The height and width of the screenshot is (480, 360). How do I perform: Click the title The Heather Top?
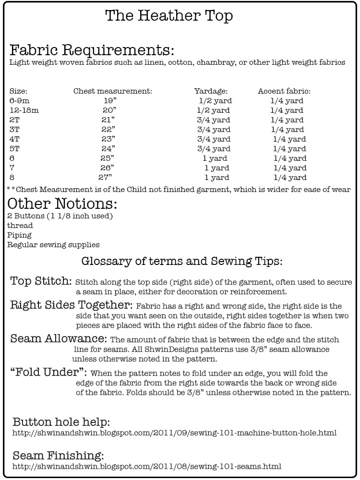coord(169,16)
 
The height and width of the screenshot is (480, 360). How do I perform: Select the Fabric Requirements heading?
coord(92,50)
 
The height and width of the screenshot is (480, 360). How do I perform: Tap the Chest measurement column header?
coord(113,91)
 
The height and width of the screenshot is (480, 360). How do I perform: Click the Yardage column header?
coord(211,91)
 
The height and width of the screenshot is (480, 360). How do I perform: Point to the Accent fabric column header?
coord(284,91)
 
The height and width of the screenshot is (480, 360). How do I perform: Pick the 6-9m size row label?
coord(20,101)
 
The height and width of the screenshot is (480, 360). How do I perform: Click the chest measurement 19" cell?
coord(110,101)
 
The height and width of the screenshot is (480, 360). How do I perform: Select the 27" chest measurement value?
coord(108,178)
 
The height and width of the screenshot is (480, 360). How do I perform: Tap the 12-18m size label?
coord(24,110)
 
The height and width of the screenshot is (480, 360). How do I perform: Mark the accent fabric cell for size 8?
coord(290,178)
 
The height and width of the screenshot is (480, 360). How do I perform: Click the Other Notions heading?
coord(62,204)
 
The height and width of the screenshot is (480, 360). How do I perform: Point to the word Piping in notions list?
coord(19,235)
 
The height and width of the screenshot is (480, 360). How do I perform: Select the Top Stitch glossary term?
coord(41,281)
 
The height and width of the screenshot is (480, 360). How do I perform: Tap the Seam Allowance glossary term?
coord(58,338)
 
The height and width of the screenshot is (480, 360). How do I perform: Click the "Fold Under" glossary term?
coord(48,372)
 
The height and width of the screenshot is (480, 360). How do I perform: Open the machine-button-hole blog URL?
coord(174,433)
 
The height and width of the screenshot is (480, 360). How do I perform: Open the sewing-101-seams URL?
coord(146,467)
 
